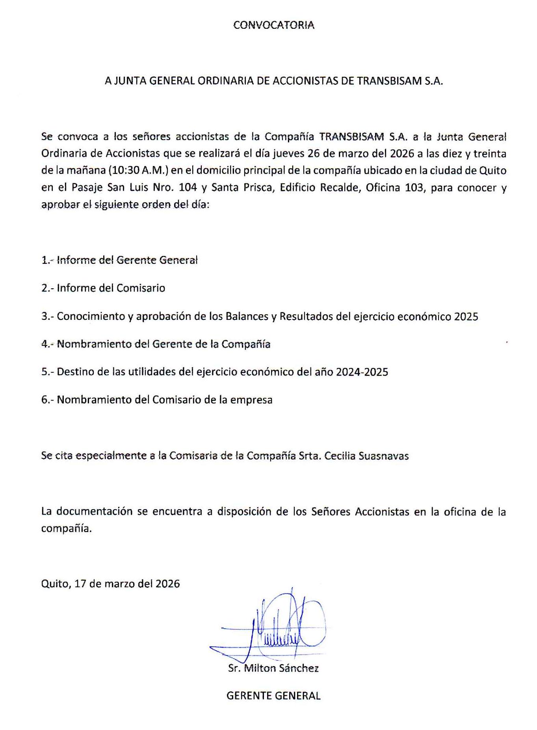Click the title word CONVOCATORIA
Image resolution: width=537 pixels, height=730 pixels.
(x=274, y=25)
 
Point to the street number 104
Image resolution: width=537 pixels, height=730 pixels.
(x=188, y=187)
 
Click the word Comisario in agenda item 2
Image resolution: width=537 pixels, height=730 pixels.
(x=140, y=288)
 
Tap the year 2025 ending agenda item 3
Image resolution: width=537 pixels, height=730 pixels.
(x=466, y=316)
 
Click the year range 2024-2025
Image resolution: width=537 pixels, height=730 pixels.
(x=362, y=372)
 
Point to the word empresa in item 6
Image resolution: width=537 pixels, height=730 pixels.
(x=251, y=400)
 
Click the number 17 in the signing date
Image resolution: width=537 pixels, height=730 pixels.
(x=80, y=584)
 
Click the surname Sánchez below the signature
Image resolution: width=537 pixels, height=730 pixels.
(x=299, y=668)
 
